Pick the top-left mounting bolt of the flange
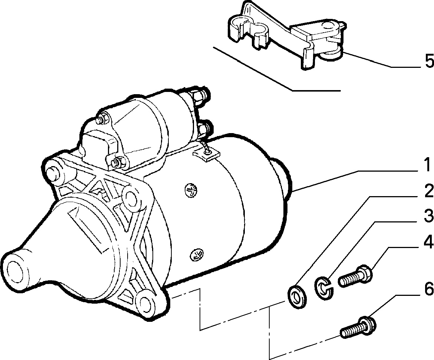pos(53,174)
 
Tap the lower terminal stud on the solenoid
pos(206,128)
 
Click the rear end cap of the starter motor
pos(282,177)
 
